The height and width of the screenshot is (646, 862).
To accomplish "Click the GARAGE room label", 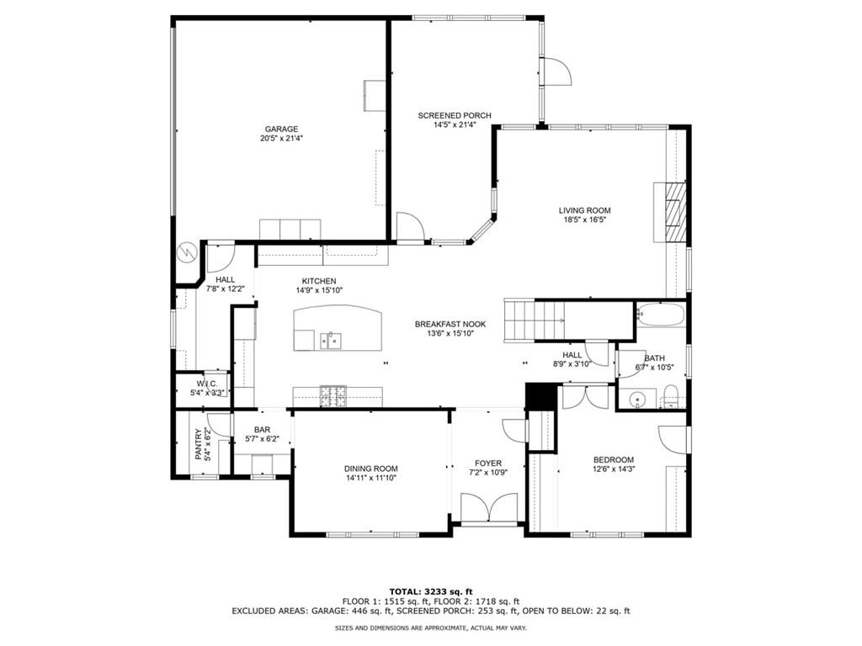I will click(x=281, y=130).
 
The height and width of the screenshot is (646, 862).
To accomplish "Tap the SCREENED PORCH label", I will click(x=455, y=116).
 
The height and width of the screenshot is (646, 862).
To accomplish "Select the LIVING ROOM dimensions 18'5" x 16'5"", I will click(x=584, y=220).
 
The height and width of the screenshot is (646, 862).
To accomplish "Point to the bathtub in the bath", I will click(x=661, y=316).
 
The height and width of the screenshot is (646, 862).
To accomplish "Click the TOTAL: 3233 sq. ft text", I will click(x=430, y=590).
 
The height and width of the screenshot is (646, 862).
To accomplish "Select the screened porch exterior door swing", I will click(x=557, y=72).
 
